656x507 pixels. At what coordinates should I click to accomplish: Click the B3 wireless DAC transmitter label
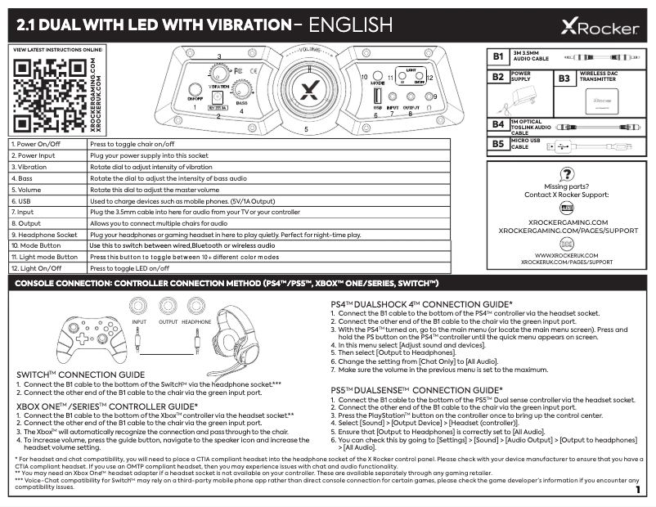click(x=564, y=79)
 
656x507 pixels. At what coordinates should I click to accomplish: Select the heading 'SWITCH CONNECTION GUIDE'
click(x=80, y=375)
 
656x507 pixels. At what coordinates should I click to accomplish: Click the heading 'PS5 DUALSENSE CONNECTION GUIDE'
click(x=416, y=390)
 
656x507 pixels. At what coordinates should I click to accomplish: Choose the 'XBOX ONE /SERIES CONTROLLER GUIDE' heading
click(x=106, y=406)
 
